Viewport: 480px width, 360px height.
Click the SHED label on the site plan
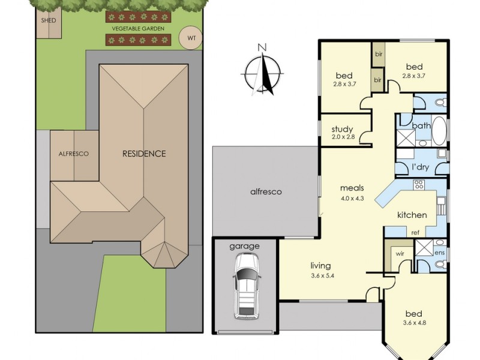[49, 20]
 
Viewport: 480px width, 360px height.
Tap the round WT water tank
[191, 38]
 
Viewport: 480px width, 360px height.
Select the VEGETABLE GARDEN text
[138, 29]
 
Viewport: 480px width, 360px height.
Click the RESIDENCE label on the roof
[144, 154]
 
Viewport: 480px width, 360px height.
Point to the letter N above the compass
[262, 47]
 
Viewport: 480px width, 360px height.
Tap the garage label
[244, 247]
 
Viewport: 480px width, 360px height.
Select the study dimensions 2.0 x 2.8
[343, 137]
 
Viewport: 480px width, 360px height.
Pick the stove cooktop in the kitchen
[418, 185]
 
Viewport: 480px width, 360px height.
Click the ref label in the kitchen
[415, 233]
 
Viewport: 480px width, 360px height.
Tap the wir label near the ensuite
[400, 254]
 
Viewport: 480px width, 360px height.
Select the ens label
[439, 253]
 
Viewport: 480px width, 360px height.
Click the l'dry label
[421, 167]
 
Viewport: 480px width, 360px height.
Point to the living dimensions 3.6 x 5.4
[322, 276]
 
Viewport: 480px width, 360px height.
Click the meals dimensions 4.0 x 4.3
[352, 199]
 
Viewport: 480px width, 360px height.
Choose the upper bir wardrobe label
[379, 55]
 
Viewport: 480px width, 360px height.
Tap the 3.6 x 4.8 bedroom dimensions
[415, 322]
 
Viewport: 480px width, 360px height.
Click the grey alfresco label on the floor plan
[266, 192]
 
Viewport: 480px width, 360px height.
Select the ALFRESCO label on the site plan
[73, 154]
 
